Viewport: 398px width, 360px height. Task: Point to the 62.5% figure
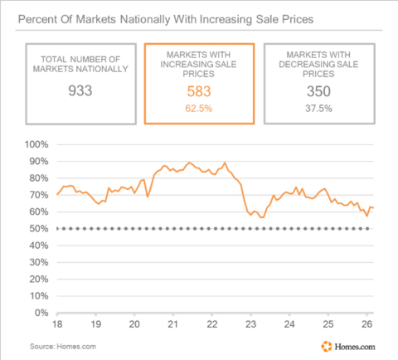pos(198,108)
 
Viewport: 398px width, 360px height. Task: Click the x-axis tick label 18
pos(58,324)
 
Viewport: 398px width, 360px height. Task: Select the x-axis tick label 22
pos(211,324)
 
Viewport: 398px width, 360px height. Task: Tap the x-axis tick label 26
pos(366,324)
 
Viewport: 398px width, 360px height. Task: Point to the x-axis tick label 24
pos(289,324)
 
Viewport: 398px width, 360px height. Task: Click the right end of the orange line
pos(374,208)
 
